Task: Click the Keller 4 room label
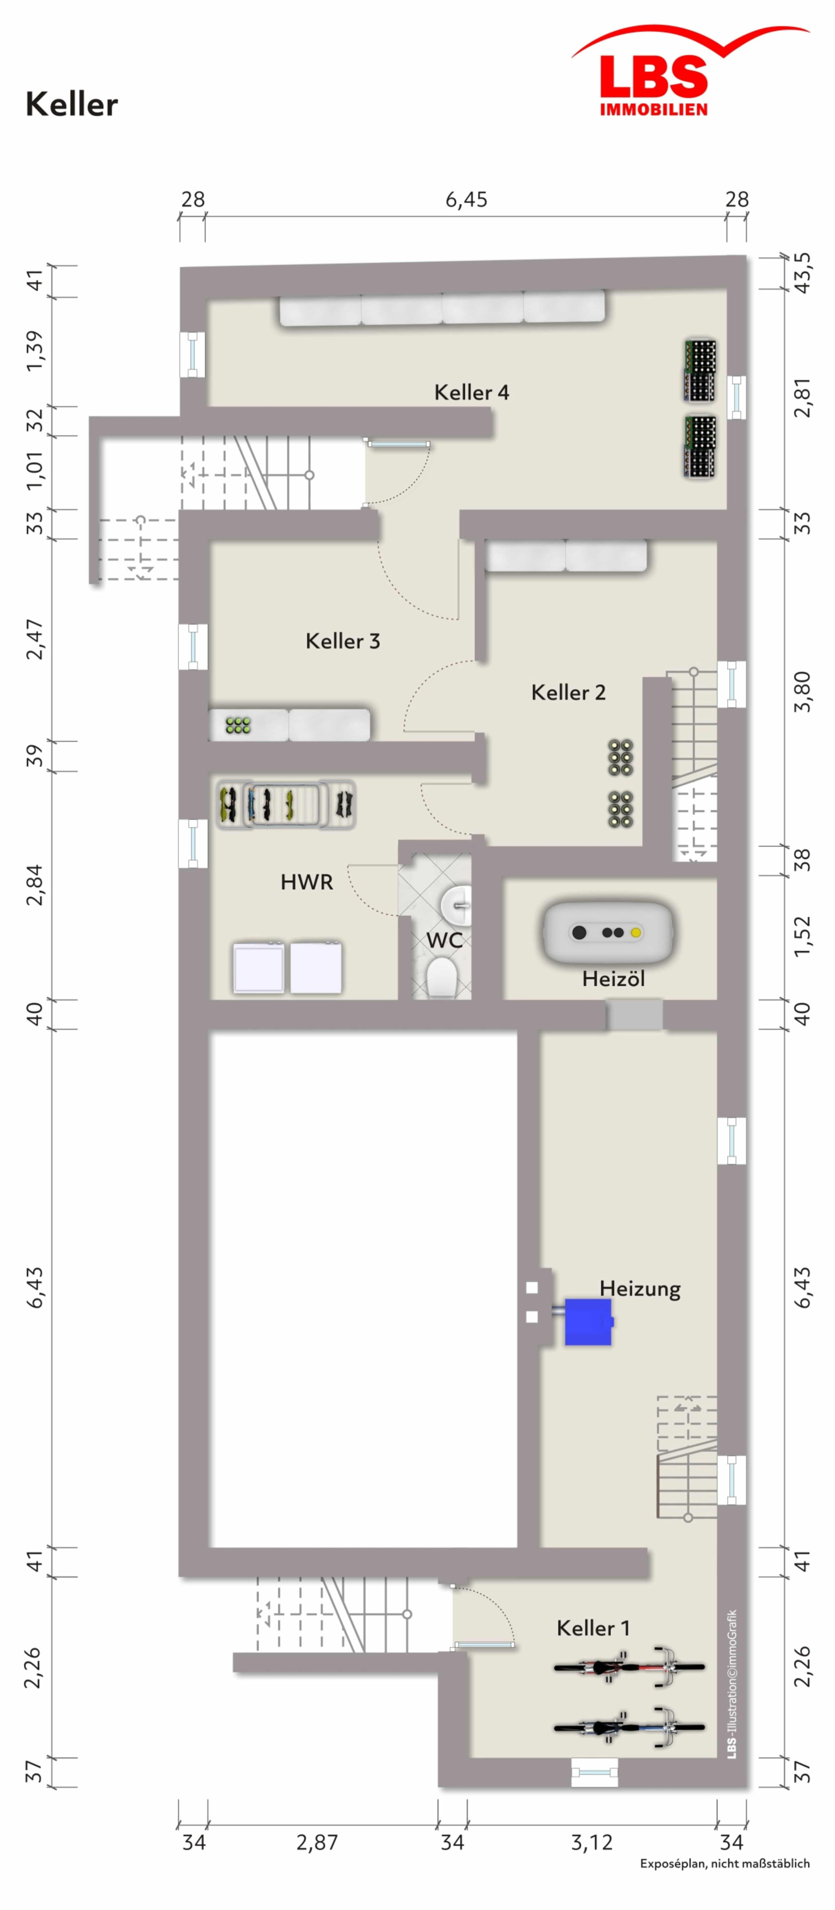pyautogui.click(x=472, y=392)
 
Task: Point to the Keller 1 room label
pyautogui.click(x=593, y=1628)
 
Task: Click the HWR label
pyautogui.click(x=307, y=882)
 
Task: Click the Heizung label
pyautogui.click(x=640, y=1289)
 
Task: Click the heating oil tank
pyautogui.click(x=608, y=932)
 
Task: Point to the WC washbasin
pyautogui.click(x=455, y=904)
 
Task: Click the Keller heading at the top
pyautogui.click(x=72, y=104)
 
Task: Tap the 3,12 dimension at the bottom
pyautogui.click(x=592, y=1842)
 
